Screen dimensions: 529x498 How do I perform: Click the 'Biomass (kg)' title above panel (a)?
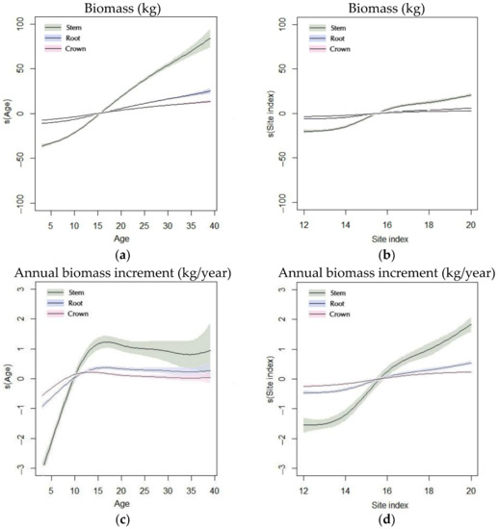(x=122, y=9)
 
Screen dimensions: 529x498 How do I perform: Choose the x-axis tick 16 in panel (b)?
(x=378, y=223)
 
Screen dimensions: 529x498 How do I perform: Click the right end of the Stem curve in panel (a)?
(x=211, y=39)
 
